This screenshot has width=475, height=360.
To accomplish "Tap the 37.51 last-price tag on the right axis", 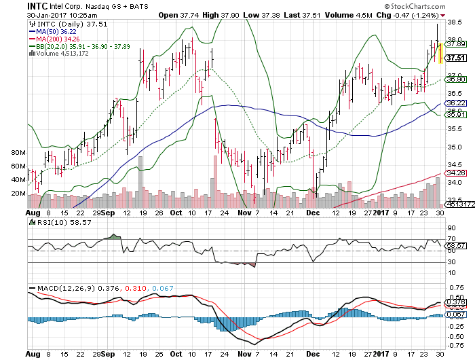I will (457, 58).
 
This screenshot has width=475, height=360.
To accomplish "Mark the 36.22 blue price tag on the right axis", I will (457, 103).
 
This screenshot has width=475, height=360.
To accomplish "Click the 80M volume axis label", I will (19, 154).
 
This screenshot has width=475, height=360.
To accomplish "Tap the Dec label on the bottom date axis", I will (313, 354).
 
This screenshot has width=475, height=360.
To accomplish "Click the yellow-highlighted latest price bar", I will (440, 53).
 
